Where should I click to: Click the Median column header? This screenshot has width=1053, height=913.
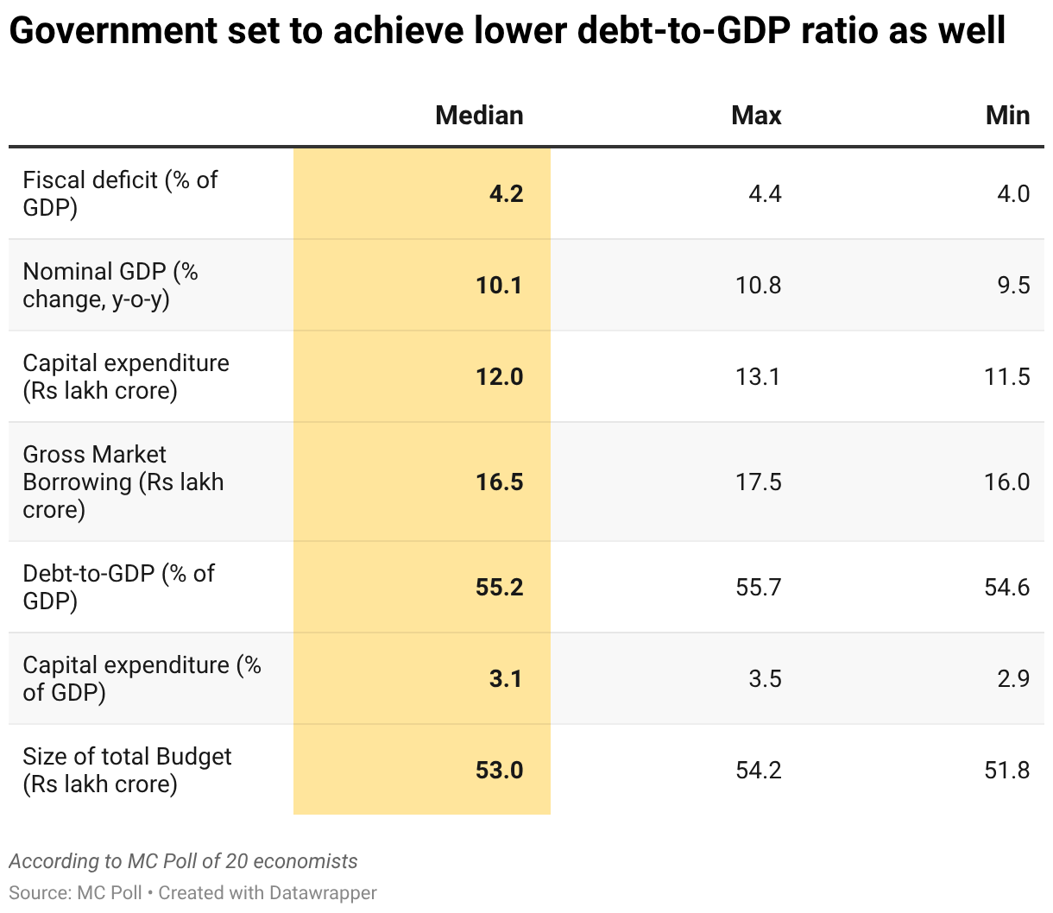click(479, 116)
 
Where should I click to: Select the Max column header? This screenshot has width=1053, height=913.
click(756, 116)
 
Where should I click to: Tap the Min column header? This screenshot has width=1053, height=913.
click(1007, 116)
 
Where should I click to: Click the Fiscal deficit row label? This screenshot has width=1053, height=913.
click(120, 193)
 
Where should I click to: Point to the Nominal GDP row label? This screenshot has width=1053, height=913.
click(110, 285)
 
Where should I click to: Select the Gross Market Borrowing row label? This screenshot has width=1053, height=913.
click(123, 482)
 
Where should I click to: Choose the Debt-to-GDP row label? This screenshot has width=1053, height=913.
click(118, 587)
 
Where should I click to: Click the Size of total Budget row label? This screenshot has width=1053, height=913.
click(127, 770)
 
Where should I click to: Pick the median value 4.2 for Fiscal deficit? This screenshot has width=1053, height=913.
click(506, 193)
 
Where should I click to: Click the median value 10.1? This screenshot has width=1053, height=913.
click(499, 285)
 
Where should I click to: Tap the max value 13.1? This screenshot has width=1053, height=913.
click(758, 376)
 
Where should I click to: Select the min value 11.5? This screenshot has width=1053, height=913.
click(1006, 376)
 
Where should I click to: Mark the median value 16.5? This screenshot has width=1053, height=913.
click(499, 482)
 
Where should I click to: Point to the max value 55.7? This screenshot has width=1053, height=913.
click(758, 587)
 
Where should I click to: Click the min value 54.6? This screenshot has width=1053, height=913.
click(1006, 587)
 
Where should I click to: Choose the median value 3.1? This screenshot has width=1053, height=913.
click(506, 678)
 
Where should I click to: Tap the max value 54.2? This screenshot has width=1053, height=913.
click(758, 770)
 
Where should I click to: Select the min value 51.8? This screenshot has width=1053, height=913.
click(1006, 770)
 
